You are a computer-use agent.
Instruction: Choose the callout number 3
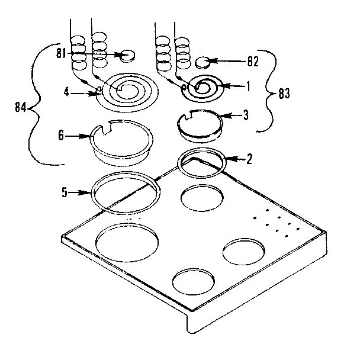coord(246,116)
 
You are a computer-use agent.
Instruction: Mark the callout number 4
coord(67,92)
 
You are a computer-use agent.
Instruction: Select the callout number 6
coord(61,136)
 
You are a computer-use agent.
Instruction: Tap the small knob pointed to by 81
coord(126,56)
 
